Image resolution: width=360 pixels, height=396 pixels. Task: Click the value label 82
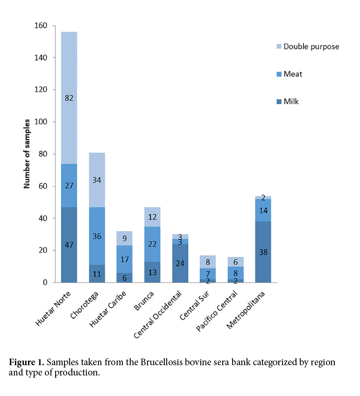coord(69,98)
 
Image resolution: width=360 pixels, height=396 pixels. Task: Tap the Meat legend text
coord(293,74)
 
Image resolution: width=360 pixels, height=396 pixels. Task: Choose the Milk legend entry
coord(291,101)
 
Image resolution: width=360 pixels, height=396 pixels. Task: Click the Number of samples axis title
coord(27,154)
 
